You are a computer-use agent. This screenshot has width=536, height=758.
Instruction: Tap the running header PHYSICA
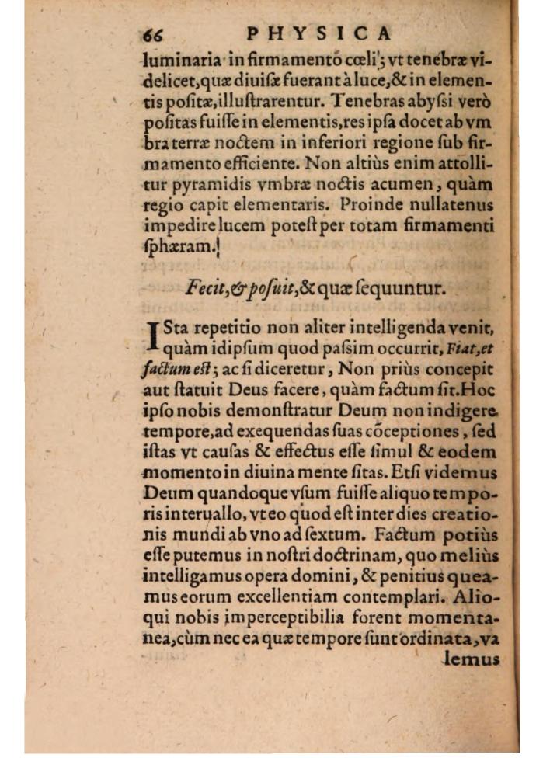319,33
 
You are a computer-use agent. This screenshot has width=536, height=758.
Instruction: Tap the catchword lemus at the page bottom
470,660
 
